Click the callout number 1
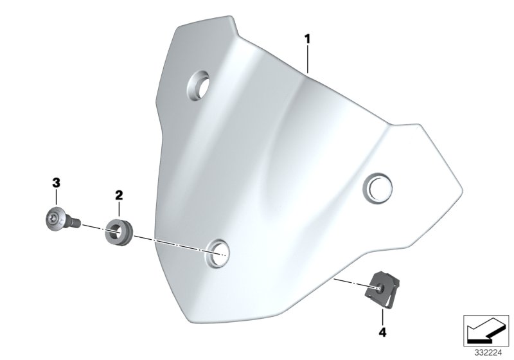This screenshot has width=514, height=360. pos(307,39)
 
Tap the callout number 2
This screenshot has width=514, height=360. pos(119,195)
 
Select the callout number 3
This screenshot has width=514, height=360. pos(56,183)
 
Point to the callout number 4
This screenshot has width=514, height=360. pos(382,332)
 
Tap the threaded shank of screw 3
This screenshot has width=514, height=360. pos(73,222)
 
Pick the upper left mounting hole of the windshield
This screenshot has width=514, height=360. pos(199,85)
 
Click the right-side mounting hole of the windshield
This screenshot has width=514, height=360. pos(378,188)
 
